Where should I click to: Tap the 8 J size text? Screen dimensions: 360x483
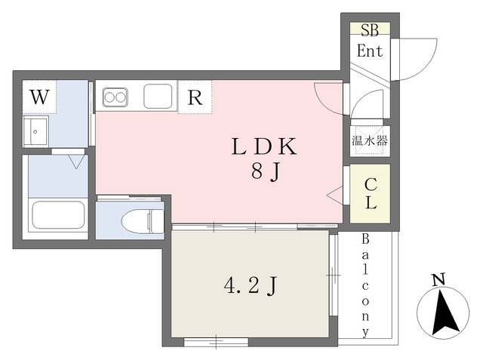point(265,173)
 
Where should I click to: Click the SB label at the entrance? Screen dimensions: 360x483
point(369,30)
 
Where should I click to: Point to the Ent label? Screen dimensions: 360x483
point(370,51)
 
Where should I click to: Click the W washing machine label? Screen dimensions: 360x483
point(39,97)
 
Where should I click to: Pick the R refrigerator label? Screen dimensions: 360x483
point(195,97)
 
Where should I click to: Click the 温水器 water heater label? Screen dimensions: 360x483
point(370,140)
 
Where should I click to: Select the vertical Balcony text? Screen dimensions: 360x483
point(365,285)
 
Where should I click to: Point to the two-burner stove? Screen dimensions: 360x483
point(115,97)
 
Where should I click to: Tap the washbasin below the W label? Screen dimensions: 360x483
point(36,134)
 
